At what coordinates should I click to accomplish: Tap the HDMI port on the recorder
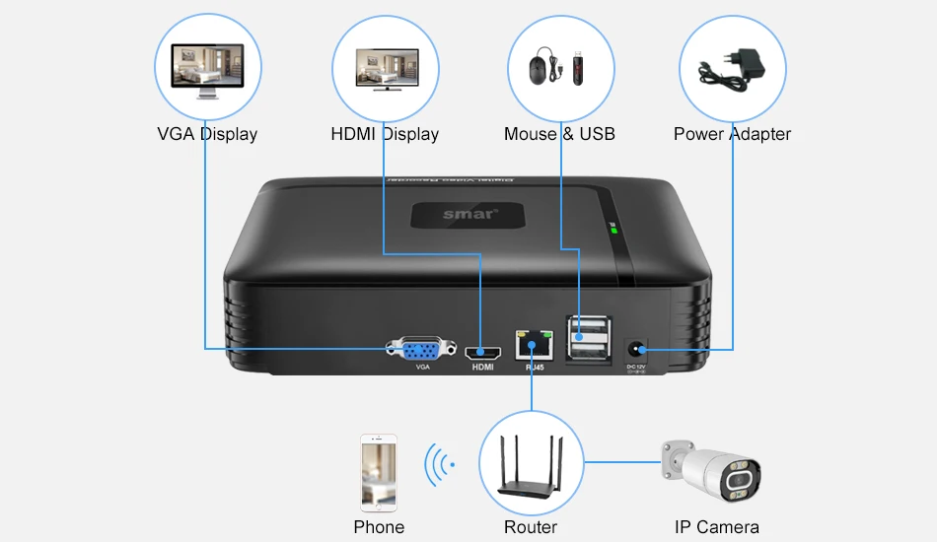click(x=482, y=351)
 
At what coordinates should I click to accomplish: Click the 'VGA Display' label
click(x=207, y=134)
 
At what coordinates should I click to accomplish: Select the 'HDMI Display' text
click(x=385, y=134)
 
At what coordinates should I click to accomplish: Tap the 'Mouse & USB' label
click(x=559, y=134)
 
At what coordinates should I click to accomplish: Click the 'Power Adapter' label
click(x=732, y=134)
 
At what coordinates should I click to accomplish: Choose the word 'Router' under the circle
click(x=531, y=527)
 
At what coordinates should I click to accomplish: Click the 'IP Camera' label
click(x=716, y=527)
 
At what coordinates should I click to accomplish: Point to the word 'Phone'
click(x=379, y=527)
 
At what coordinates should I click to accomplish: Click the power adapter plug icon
click(x=732, y=69)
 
